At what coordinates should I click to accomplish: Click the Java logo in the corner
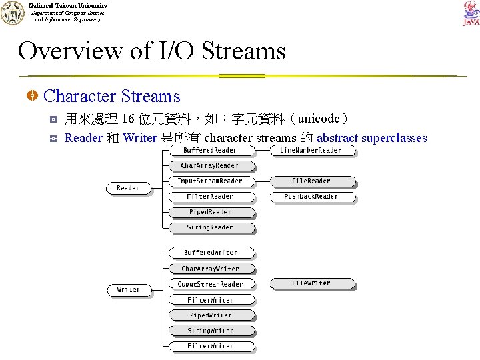471,13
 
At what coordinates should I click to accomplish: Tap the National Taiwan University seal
12,13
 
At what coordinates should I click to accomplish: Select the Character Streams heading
111,97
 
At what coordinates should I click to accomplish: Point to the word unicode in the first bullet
319,119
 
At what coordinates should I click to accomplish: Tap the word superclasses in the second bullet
393,139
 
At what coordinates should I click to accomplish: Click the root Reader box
128,189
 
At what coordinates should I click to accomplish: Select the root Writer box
129,290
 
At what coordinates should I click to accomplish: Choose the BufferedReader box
210,151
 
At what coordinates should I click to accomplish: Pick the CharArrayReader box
209,165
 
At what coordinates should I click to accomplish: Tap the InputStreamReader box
210,181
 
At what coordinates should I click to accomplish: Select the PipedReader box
210,212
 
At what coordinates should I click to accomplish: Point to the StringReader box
210,228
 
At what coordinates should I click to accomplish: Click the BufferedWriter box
210,253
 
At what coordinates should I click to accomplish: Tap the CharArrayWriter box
210,269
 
